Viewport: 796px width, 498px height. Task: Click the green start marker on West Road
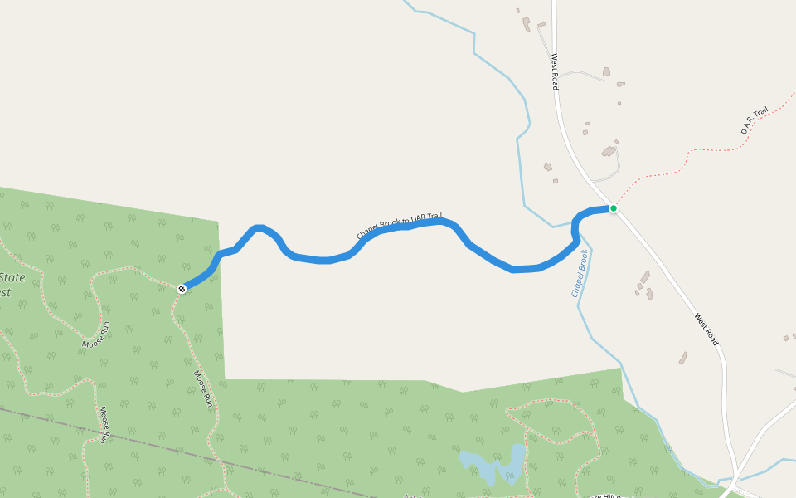coord(614,208)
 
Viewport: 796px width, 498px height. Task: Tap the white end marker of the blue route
coord(182,289)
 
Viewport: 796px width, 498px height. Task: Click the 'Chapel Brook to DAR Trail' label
coord(400,226)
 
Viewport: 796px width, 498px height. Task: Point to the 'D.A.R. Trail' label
coord(755,120)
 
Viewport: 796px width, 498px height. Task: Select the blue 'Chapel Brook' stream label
coord(579,273)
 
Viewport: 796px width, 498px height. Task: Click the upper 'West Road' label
coord(555,72)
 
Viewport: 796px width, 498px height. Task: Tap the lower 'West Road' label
coord(706,330)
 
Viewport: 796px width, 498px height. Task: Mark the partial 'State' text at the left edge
coord(12,278)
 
